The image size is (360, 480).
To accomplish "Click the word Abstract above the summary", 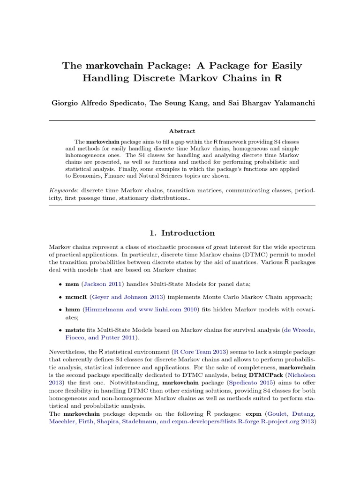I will [182, 131].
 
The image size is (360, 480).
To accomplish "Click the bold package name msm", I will [72, 284].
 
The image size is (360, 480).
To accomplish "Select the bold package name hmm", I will [73, 310].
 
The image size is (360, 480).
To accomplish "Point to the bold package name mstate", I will [75, 330].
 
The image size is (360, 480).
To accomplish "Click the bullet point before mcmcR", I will [61, 298].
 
